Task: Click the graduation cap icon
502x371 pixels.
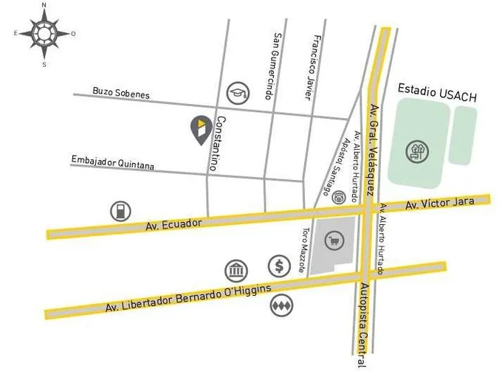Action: tap(238, 91)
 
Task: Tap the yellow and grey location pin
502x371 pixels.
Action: tap(200, 130)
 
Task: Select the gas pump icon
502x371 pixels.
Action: tap(119, 210)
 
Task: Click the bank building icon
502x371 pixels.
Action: tap(235, 271)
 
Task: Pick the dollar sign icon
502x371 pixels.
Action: tap(279, 265)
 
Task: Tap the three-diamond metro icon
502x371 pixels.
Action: tap(280, 304)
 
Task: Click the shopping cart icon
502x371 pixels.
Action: tap(334, 240)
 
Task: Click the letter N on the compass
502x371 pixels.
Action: tap(44, 5)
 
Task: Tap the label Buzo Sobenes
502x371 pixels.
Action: tap(121, 94)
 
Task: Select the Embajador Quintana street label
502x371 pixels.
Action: tap(113, 162)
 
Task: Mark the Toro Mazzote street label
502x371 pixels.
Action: tap(303, 251)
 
